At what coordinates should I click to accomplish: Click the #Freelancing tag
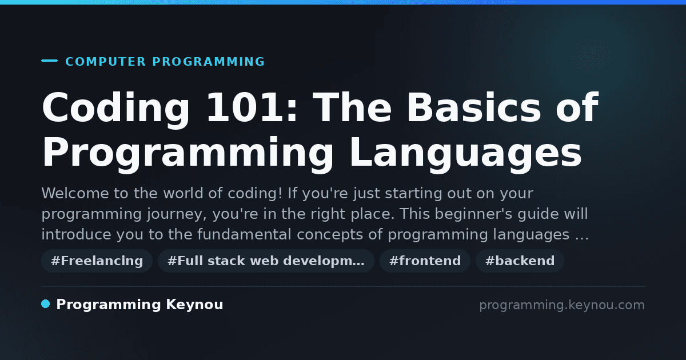(x=97, y=261)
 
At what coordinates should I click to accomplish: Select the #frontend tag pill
(x=425, y=261)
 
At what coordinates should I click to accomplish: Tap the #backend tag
(x=520, y=261)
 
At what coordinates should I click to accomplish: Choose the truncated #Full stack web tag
(x=266, y=261)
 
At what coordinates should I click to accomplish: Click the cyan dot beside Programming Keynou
(x=46, y=304)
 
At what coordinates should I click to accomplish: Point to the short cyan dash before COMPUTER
(x=49, y=61)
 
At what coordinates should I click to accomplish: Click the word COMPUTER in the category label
(x=105, y=62)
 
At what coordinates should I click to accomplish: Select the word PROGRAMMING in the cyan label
(x=208, y=62)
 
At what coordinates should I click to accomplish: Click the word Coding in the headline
(x=116, y=109)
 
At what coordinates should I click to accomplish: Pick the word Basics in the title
(x=474, y=107)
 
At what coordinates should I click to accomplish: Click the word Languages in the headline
(x=465, y=154)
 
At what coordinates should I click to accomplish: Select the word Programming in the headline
(x=188, y=154)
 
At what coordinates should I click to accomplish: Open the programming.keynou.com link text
(x=562, y=305)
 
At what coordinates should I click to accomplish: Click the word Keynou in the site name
(x=194, y=305)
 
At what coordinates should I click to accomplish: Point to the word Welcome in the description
(x=75, y=193)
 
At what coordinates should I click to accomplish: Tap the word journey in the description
(x=177, y=214)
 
